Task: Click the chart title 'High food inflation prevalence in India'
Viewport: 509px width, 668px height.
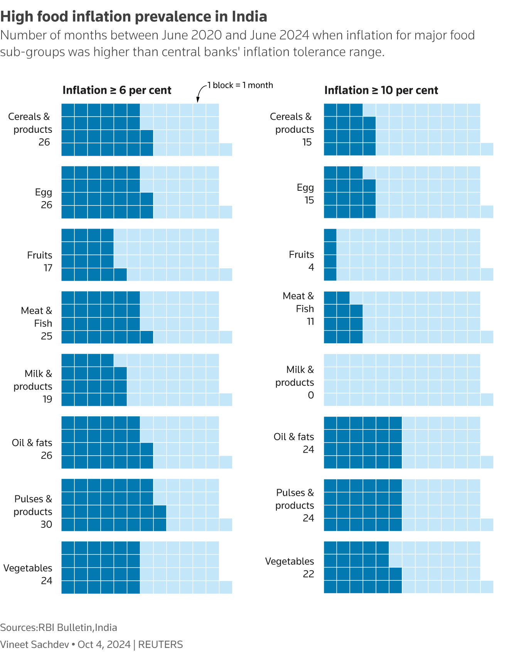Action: [x=134, y=17]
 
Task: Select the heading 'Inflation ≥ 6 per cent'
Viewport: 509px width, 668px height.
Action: [x=117, y=90]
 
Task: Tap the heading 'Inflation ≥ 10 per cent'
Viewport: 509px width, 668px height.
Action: [x=381, y=90]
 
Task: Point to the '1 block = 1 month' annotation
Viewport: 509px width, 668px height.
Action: [x=240, y=85]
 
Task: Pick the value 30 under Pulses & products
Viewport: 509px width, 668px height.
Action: [x=46, y=524]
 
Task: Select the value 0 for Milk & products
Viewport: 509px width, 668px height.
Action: [x=311, y=395]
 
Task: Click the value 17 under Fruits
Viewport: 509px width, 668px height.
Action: [x=48, y=268]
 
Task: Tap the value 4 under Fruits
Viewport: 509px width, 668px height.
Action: [x=311, y=267]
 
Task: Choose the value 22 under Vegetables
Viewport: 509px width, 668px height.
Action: [x=308, y=574]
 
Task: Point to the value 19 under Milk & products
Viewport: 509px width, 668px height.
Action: [x=47, y=399]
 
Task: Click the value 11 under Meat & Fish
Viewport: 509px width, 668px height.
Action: [x=310, y=321]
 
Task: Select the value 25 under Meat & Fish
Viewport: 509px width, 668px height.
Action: [x=47, y=336]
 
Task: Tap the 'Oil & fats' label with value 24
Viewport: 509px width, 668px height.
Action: [x=294, y=437]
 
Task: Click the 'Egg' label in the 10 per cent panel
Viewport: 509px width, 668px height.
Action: [x=305, y=188]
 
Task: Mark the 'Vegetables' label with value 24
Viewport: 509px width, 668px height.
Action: [x=28, y=568]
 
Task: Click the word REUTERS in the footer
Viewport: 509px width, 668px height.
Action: [x=160, y=644]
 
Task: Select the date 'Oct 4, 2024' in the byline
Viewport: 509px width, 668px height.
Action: [x=104, y=644]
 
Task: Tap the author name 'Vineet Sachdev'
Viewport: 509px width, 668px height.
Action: [x=34, y=644]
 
